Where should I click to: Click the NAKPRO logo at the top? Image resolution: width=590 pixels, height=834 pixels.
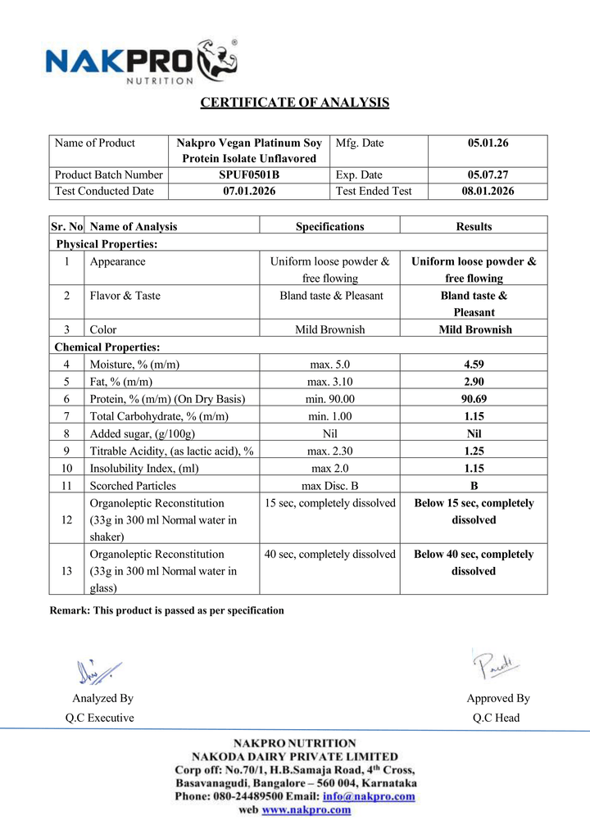point(141,61)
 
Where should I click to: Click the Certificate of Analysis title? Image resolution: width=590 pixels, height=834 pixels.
point(295,102)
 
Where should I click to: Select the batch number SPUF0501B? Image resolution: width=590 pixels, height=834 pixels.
point(249,175)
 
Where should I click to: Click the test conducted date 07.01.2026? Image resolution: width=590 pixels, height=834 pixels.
point(249,191)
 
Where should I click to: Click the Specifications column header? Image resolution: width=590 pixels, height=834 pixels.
point(329,226)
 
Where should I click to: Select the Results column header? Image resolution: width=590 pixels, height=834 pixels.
point(474,226)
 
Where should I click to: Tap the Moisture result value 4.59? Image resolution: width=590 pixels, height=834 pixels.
point(474,365)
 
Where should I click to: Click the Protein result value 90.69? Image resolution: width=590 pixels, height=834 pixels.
point(474,399)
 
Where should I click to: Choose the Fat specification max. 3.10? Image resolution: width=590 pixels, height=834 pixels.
point(329,382)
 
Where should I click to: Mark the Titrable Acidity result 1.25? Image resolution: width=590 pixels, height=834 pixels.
point(474,451)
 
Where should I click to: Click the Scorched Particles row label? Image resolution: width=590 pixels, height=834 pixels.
point(133,485)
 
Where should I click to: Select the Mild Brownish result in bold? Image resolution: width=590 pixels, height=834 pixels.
point(474,329)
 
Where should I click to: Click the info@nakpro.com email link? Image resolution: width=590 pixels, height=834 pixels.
point(369,795)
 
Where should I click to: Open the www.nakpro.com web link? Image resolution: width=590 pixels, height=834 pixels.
point(306,809)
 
